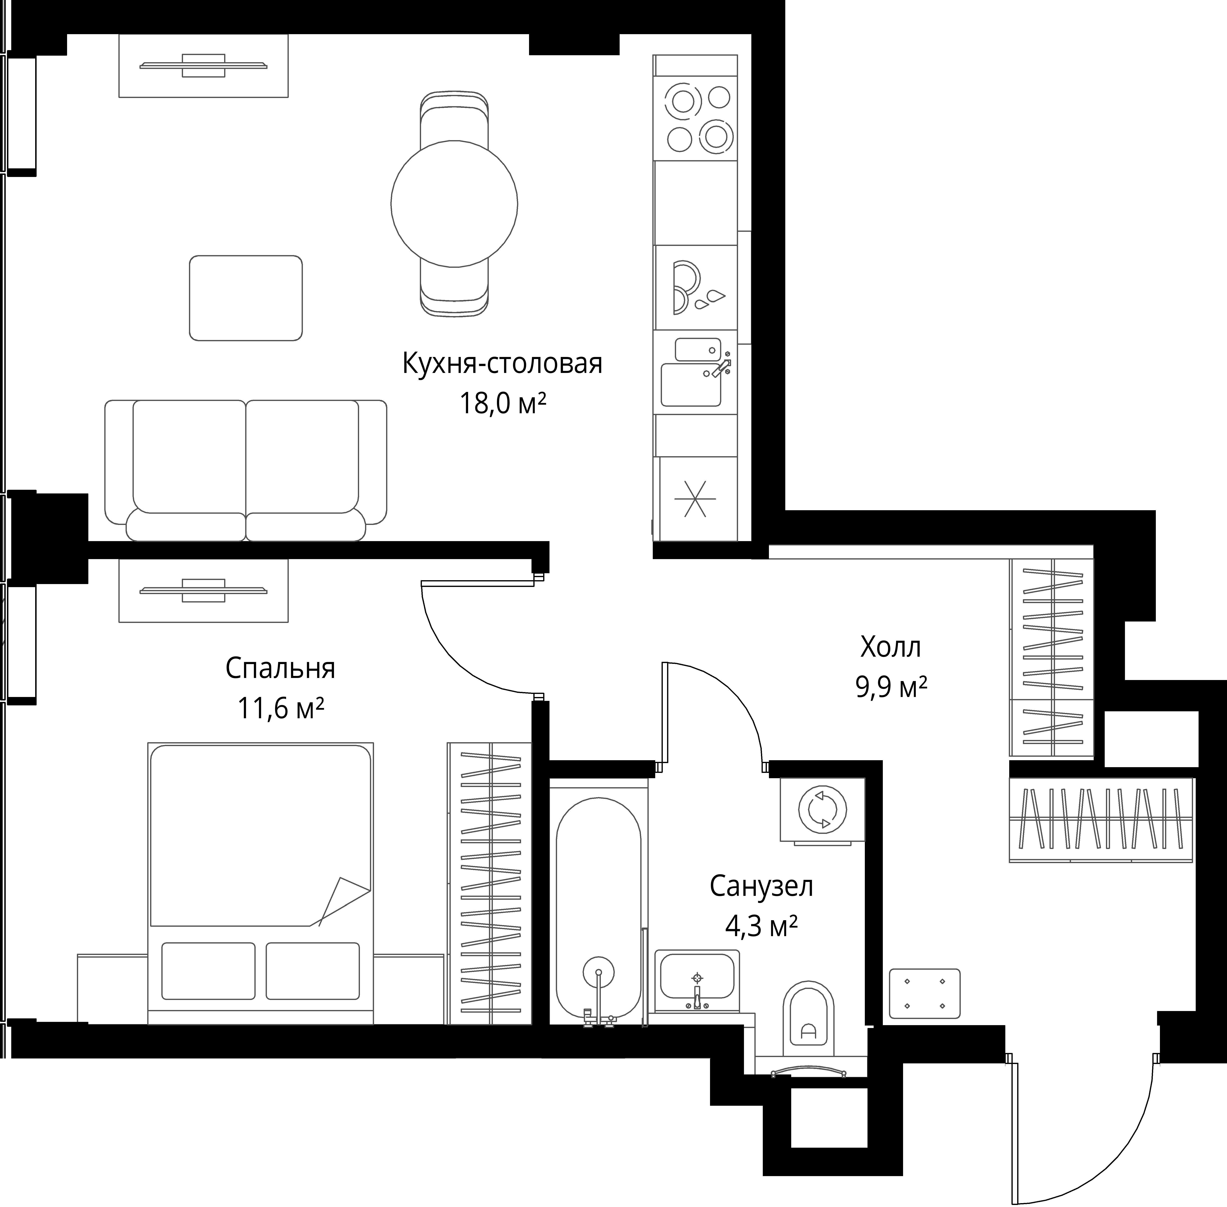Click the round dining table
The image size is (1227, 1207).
point(454,204)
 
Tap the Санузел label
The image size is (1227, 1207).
point(761,886)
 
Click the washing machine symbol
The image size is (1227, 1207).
point(822,810)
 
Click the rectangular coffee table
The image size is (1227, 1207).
point(246,298)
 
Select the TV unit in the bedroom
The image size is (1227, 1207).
point(203,590)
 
